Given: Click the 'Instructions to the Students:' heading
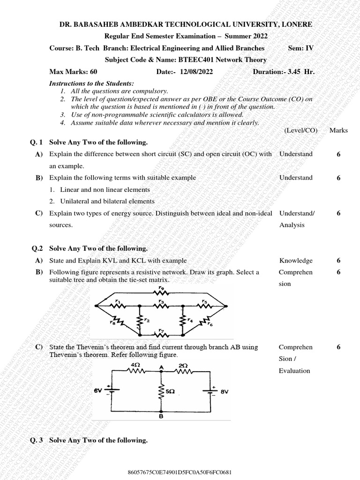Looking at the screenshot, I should click(x=91, y=83).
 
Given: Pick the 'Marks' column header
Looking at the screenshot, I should click(x=338, y=130).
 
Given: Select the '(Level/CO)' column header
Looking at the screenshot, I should click(x=301, y=130).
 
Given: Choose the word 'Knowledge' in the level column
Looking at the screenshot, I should click(x=296, y=261).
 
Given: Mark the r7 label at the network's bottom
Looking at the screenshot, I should click(x=160, y=330).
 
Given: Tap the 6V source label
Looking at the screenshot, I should click(x=98, y=390).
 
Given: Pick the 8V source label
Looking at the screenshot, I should click(x=224, y=391).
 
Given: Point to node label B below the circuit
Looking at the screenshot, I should click(x=161, y=415).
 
